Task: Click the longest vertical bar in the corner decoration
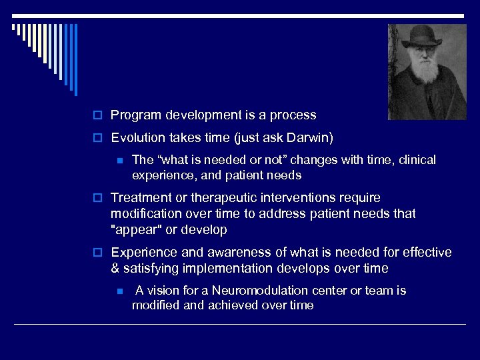[x=75, y=60]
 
